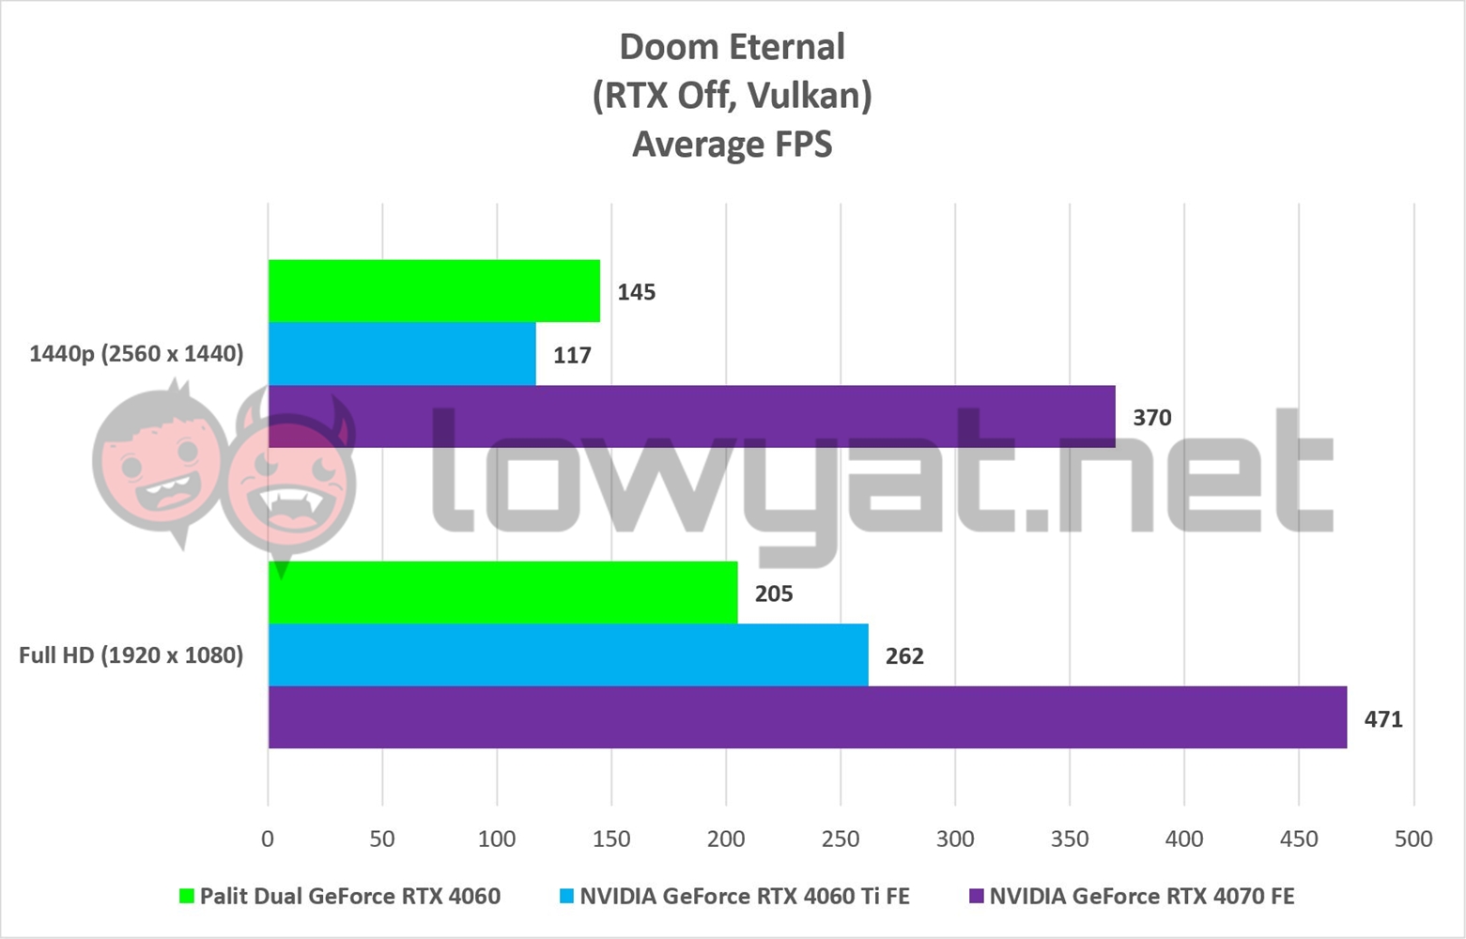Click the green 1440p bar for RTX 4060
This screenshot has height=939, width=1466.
click(434, 291)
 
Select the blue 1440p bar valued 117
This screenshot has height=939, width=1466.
click(402, 354)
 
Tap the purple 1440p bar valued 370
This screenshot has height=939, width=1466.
click(691, 416)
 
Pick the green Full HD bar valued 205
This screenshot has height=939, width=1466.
click(502, 593)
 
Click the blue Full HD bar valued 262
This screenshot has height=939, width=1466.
click(568, 654)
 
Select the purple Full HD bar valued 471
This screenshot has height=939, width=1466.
click(808, 717)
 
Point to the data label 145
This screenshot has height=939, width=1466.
click(636, 292)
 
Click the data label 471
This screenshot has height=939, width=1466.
click(1382, 719)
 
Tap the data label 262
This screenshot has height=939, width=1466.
click(903, 656)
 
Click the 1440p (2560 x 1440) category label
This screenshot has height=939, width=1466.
click(136, 354)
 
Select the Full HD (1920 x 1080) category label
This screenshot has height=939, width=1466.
click(131, 654)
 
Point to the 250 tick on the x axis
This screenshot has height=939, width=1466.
click(841, 839)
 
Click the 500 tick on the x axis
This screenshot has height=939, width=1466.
click(1413, 839)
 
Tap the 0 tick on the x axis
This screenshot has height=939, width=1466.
click(268, 839)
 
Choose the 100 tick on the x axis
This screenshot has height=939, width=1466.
click(497, 839)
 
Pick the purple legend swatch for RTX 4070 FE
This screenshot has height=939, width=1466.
click(976, 897)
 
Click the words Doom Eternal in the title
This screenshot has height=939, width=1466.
click(733, 47)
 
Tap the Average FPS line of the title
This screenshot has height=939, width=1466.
click(733, 144)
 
